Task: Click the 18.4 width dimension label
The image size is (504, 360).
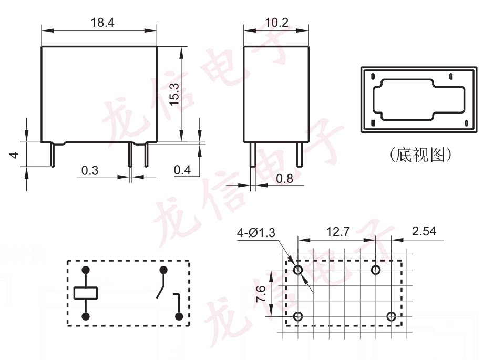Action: [x=102, y=23]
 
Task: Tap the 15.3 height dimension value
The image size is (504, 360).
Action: [x=174, y=94]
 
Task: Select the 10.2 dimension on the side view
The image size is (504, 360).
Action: [x=277, y=23]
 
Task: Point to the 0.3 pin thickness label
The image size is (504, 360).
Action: [x=90, y=170]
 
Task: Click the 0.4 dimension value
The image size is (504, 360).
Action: [x=182, y=170]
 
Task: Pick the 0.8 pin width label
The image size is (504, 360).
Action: [x=284, y=178]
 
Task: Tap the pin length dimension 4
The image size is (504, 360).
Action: [x=14, y=155]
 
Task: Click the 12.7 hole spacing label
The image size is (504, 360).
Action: [x=337, y=231]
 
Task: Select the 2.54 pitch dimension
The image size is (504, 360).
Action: [x=424, y=231]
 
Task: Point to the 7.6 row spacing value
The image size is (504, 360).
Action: [x=261, y=293]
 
